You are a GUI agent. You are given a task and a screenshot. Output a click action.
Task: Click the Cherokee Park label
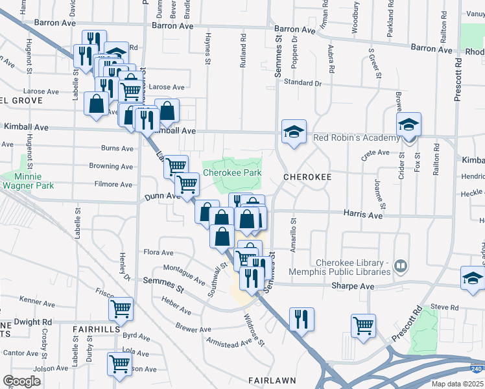coord(232,173)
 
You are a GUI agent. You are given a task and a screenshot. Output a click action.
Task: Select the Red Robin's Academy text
coord(356,138)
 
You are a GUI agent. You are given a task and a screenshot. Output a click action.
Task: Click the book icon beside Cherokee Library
coord(401,266)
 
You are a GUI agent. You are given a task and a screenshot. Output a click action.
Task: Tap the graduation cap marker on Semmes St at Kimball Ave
coord(294,132)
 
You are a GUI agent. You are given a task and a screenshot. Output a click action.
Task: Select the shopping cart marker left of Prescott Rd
coord(363,325)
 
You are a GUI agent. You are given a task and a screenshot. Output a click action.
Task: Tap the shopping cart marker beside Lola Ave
coord(121,364)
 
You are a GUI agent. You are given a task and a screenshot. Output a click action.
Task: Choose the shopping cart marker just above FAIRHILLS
coord(121,309)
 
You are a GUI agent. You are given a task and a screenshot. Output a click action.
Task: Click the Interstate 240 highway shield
coord(477,368)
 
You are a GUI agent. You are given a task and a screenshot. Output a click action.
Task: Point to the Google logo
coord(21,381)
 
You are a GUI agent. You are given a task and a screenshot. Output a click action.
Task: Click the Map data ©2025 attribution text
coord(458,384)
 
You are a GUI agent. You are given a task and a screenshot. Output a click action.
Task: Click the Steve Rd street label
coord(444,307)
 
